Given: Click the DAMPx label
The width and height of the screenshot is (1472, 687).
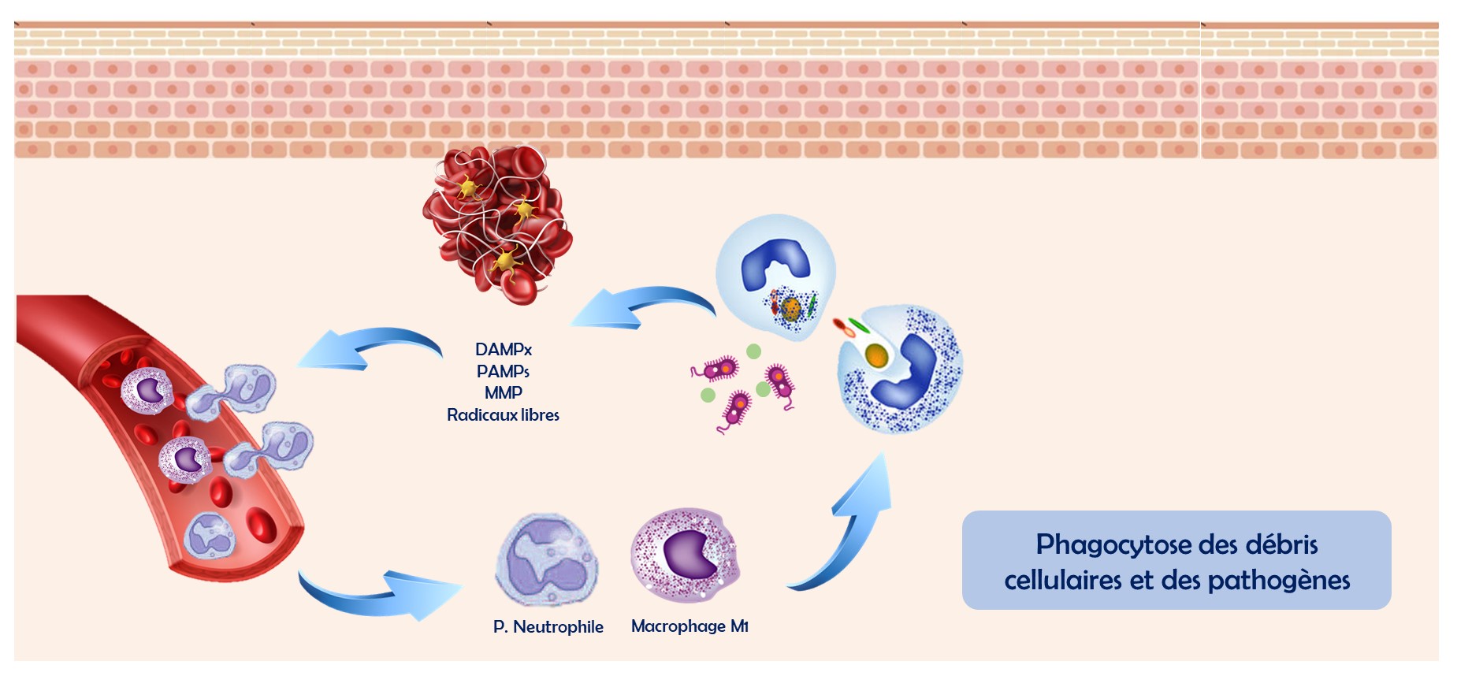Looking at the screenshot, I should point(504,349).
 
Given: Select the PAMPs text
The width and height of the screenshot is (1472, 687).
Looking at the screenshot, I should point(503,371).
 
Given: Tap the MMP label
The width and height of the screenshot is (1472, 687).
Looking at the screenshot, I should point(504,392).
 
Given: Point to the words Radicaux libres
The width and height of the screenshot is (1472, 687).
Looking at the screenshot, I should point(503,414).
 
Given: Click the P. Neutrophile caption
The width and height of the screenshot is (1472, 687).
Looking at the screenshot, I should point(548,627).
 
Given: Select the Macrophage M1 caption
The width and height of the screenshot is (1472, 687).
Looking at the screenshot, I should point(690,626).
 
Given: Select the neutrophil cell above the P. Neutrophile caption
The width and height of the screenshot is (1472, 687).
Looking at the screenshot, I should point(546,560).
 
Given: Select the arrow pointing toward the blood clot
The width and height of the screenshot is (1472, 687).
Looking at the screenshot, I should point(638,307).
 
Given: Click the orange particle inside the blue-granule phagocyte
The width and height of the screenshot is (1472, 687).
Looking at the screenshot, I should point(876,355).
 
